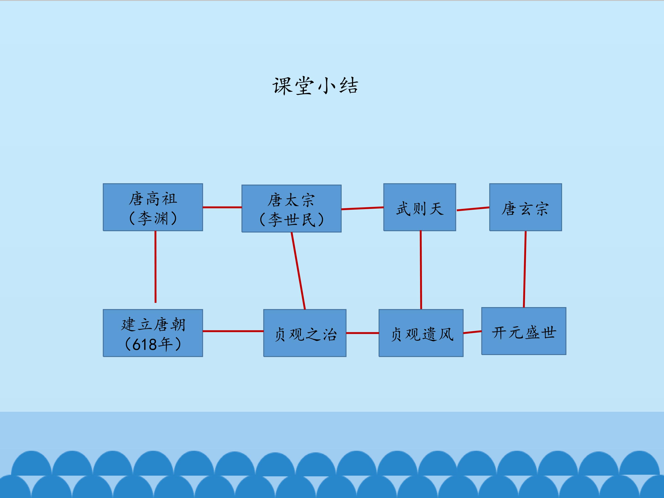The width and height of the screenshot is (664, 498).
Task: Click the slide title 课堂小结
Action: tap(315, 86)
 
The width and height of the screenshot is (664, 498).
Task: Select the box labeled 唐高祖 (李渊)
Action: tap(153, 207)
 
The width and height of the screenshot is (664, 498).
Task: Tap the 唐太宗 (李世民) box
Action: tap(291, 209)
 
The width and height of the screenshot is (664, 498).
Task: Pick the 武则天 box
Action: tap(420, 207)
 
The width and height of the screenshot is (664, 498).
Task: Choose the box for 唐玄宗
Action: tap(525, 207)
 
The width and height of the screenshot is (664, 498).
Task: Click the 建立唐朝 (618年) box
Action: tap(153, 333)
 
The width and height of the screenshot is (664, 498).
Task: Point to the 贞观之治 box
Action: tap(305, 333)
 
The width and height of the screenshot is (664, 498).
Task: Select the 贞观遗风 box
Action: tap(421, 333)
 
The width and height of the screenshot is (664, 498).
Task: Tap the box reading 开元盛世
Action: tap(524, 331)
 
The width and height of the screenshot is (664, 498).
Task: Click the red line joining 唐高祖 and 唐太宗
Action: tap(222, 207)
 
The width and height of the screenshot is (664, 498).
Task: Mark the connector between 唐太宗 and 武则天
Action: tap(362, 208)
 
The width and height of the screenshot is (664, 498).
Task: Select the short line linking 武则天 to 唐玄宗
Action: tap(473, 209)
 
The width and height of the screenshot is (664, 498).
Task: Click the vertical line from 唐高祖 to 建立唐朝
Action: tap(155, 267)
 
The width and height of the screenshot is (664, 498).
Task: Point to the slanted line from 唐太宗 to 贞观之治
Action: tap(298, 270)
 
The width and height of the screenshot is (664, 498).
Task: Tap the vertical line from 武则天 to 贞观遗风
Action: tap(421, 270)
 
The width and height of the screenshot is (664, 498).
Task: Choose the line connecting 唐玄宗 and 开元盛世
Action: tap(525, 269)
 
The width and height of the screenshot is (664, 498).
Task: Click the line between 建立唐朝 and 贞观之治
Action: tap(233, 331)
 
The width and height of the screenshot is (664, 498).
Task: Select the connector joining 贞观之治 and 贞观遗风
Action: tap(362, 333)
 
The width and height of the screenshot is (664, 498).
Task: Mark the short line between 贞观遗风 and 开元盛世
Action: tap(472, 332)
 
